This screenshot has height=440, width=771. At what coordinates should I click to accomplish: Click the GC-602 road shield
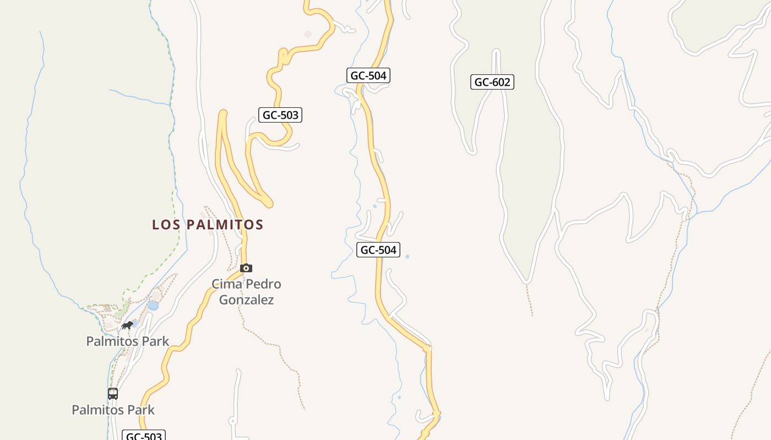(x=492, y=82)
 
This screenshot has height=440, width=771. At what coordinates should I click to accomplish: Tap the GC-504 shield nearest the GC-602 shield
(x=368, y=75)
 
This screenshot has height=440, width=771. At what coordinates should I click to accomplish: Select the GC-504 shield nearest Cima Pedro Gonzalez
(x=378, y=250)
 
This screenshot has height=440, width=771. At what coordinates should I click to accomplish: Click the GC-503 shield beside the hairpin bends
(x=280, y=115)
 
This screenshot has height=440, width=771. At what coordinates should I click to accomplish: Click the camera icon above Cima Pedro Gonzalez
(x=246, y=268)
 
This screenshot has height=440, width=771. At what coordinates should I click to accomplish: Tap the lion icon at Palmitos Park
(x=127, y=326)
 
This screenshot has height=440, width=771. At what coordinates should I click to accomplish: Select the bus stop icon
(x=113, y=394)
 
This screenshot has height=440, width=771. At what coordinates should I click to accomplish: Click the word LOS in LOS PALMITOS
(x=166, y=225)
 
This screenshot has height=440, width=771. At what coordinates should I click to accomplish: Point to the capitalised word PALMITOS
(x=225, y=225)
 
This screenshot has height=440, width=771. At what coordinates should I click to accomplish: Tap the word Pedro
(x=263, y=284)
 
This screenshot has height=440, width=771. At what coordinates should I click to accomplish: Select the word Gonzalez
(x=246, y=300)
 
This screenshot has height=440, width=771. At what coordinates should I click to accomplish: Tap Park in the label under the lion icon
(x=155, y=341)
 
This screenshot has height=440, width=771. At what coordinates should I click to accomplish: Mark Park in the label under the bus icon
(x=141, y=410)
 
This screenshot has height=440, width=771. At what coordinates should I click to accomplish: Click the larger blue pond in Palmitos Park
(x=153, y=305)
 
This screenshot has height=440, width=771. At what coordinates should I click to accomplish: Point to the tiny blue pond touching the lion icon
(x=134, y=324)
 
